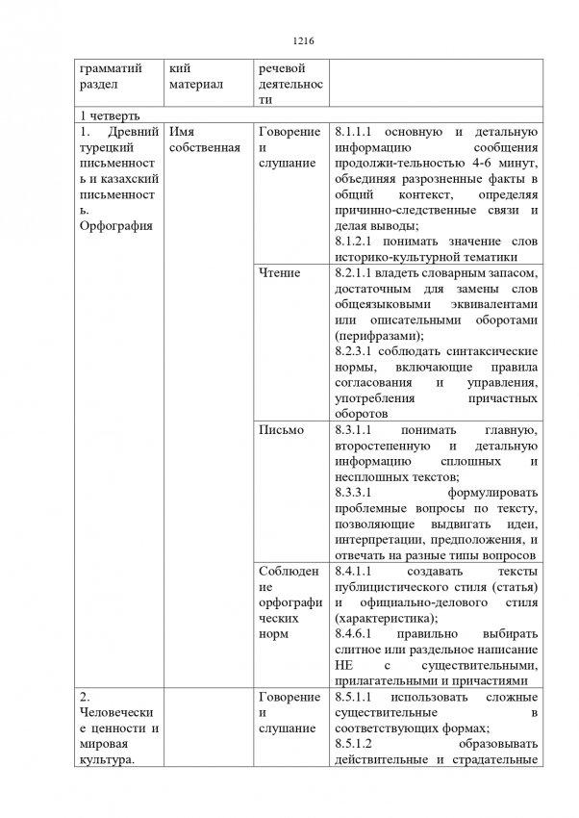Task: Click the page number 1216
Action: pyautogui.click(x=289, y=41)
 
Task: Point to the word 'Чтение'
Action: pyautogui.click(x=280, y=273)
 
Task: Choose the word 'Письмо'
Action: pyautogui.click(x=281, y=429)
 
